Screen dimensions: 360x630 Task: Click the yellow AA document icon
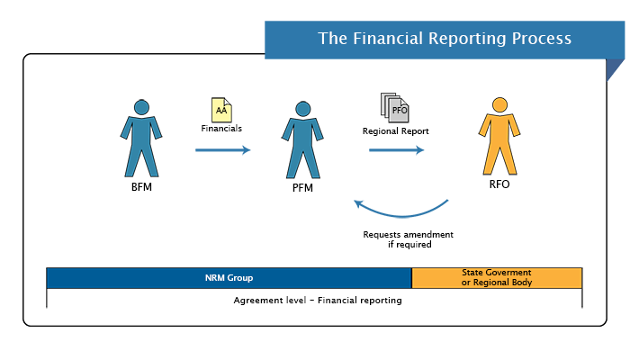(x=220, y=110)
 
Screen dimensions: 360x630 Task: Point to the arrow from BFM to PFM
(x=222, y=149)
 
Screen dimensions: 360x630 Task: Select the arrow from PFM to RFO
(x=396, y=149)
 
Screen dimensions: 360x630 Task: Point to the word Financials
(x=221, y=129)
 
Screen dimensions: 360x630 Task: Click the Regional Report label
(x=396, y=130)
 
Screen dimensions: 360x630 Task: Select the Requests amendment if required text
(x=408, y=239)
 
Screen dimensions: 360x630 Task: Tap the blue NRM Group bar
(x=228, y=277)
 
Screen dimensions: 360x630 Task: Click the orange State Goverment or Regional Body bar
(x=496, y=277)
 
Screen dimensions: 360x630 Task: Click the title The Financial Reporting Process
(x=444, y=39)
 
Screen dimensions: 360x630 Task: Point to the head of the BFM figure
(x=141, y=107)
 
